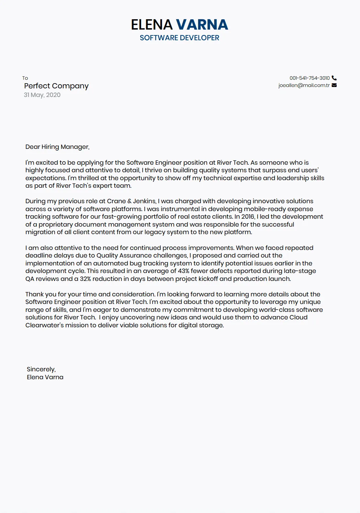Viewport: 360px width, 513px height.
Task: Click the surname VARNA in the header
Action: (x=202, y=25)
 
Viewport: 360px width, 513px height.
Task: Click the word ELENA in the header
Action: (x=151, y=25)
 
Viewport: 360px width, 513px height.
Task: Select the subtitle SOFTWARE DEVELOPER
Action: (x=179, y=38)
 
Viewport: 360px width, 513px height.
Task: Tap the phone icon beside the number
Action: (x=334, y=78)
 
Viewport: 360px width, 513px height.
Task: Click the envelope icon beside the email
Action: (x=334, y=85)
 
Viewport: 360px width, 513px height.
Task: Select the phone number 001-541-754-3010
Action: (x=310, y=78)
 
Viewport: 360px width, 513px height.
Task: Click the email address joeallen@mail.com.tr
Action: (x=304, y=85)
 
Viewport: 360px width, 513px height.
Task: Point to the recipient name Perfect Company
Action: (x=56, y=86)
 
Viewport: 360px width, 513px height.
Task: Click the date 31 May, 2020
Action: (x=42, y=95)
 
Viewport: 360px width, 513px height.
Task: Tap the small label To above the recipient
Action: (x=25, y=78)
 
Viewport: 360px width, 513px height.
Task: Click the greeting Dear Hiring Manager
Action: (x=57, y=147)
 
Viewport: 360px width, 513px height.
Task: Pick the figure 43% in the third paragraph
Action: (x=183, y=271)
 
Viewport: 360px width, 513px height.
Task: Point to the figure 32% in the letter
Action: (x=85, y=279)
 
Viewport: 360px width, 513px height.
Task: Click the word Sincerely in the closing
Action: (x=41, y=369)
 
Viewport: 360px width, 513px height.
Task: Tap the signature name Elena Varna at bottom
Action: (x=45, y=377)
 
